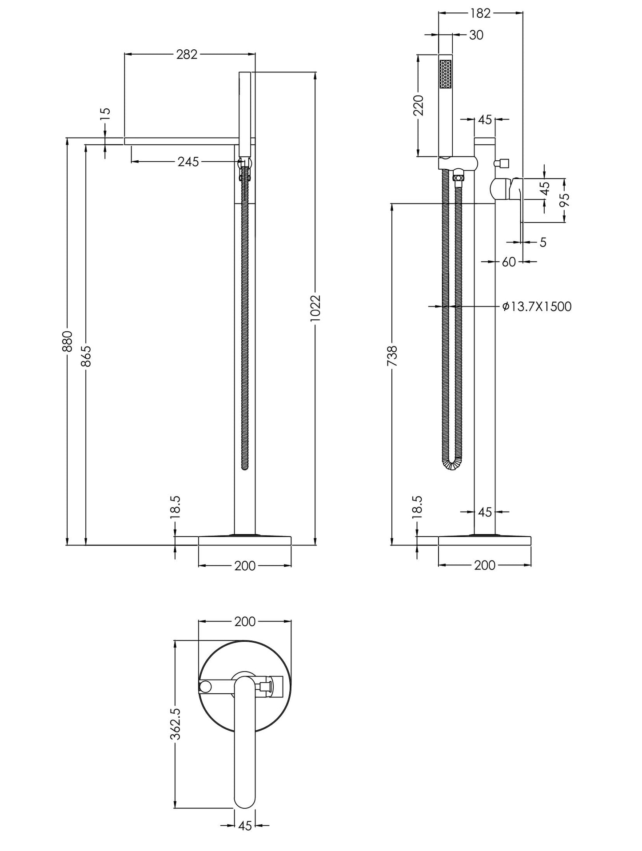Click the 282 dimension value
tap(186, 54)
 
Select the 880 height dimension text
tap(67, 341)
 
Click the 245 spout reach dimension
tap(188, 162)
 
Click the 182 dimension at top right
tap(480, 14)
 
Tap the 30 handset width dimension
tap(476, 35)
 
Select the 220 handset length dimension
tap(419, 105)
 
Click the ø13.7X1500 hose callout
tap(537, 307)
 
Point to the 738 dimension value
tap(392, 356)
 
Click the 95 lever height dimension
tap(564, 200)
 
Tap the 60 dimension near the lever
tap(508, 262)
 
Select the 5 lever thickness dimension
tap(542, 243)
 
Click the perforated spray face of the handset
tap(445, 75)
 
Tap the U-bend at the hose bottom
tap(452, 465)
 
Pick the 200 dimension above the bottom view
tap(245, 621)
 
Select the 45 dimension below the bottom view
tap(245, 826)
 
